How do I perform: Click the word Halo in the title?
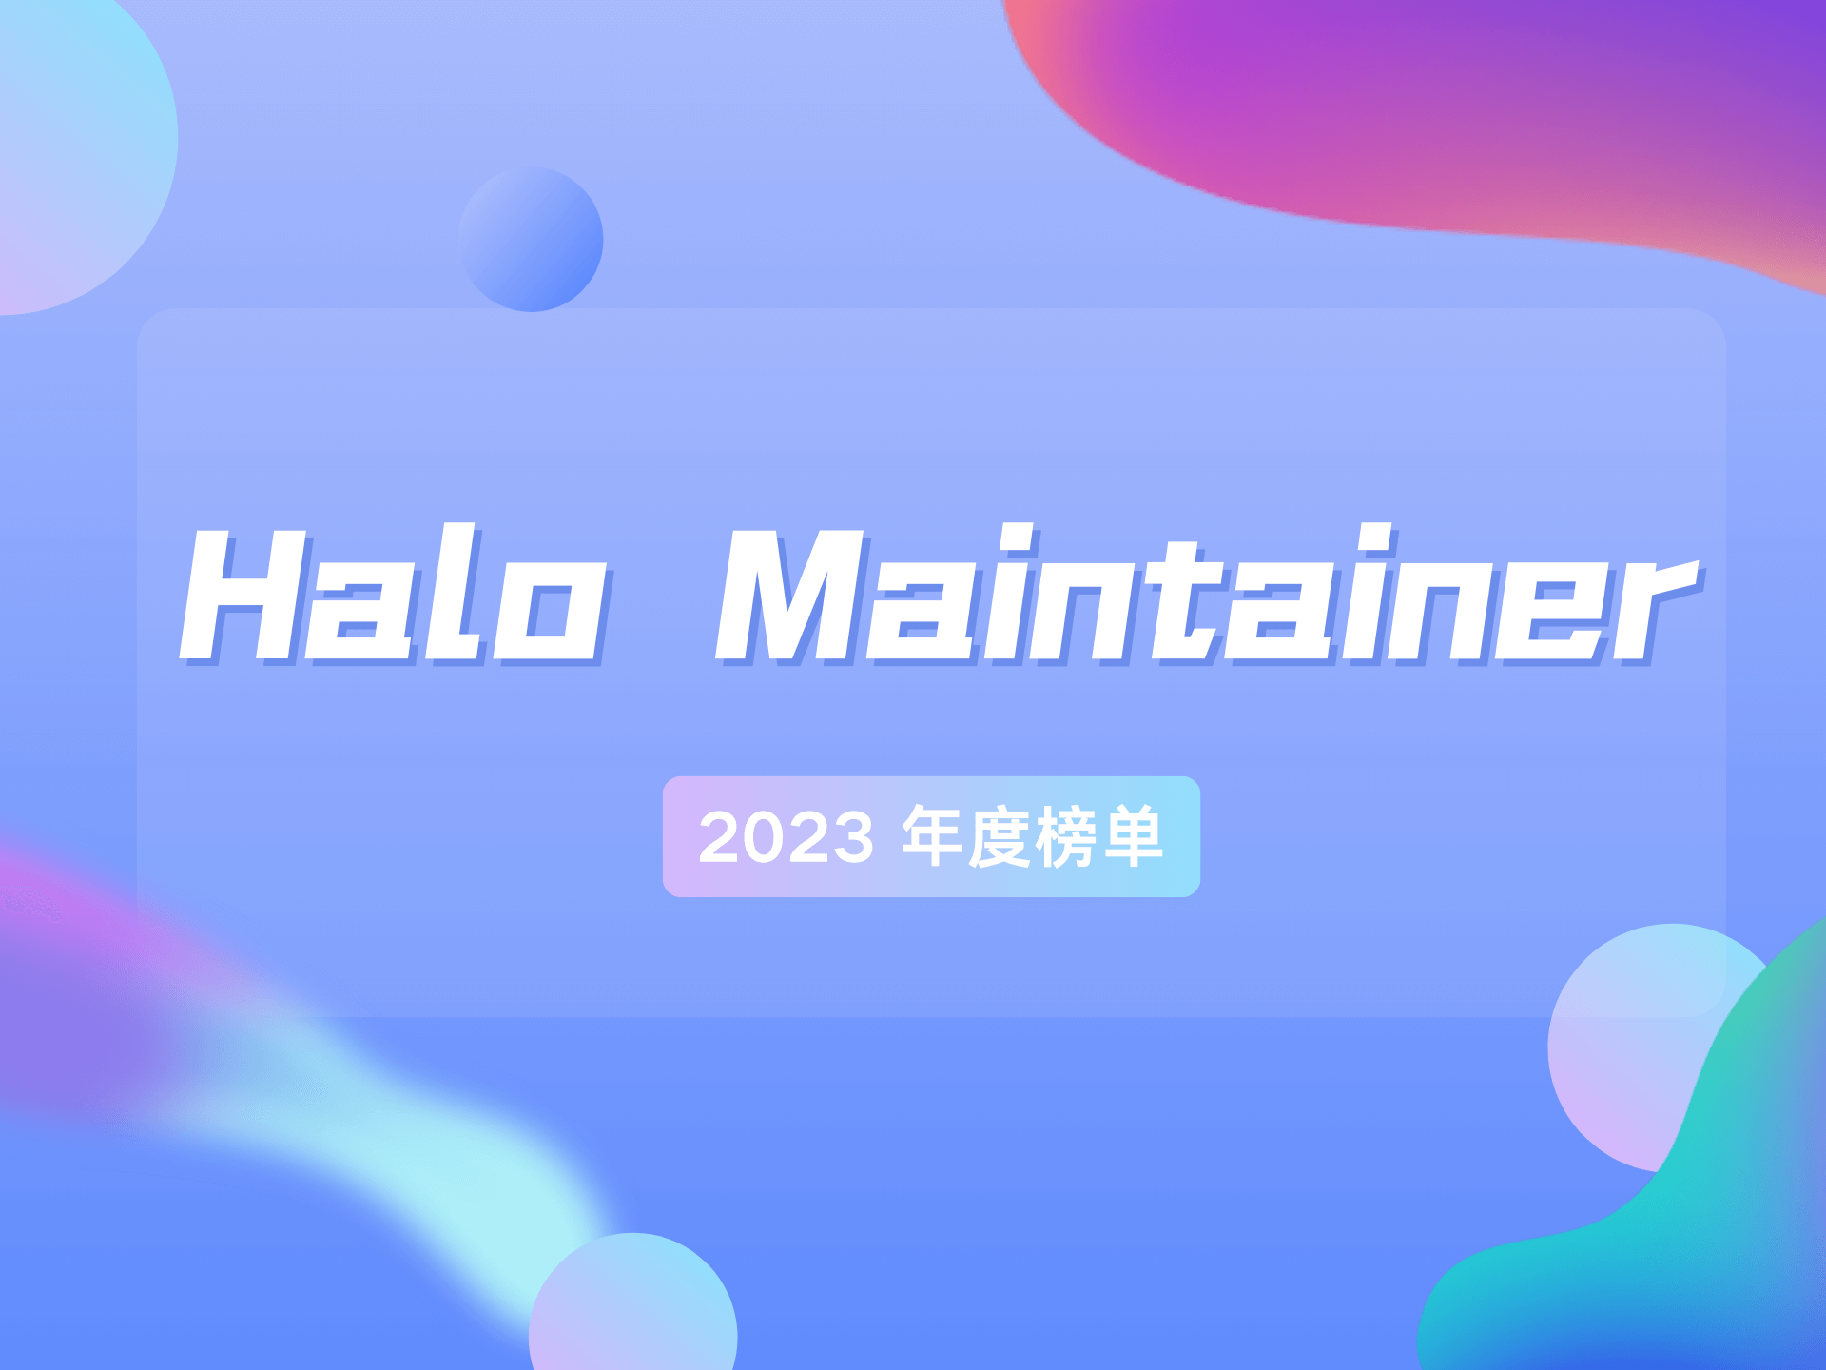(392, 595)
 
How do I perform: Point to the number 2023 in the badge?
(786, 838)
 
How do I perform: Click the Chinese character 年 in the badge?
(932, 836)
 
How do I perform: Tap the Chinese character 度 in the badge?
(999, 836)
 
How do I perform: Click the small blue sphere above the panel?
(531, 240)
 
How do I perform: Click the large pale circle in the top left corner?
(76, 143)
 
